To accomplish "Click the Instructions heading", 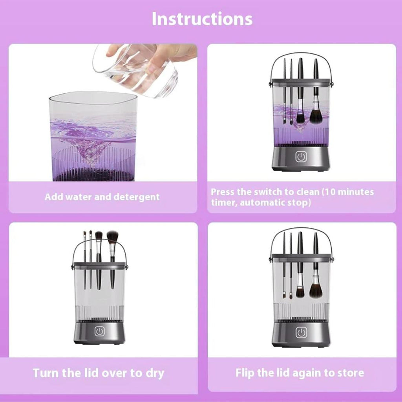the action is coord(202,19).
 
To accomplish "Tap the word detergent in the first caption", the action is coord(136,197).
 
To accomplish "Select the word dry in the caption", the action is coord(155,373).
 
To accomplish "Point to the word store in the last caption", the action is coord(351,373).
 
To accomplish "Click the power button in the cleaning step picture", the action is coord(301,156).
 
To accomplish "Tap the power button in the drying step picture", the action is coord(99,331).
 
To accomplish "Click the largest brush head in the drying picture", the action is coord(112,237).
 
